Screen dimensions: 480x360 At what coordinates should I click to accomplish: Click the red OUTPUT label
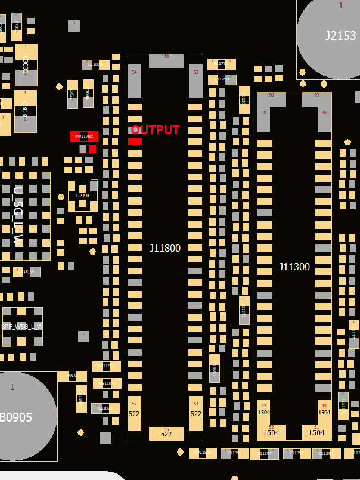point(156,129)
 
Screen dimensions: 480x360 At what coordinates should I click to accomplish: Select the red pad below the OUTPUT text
point(135,141)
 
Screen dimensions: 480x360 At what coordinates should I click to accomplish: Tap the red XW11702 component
point(84,137)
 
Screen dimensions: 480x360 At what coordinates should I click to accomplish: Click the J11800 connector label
point(165,248)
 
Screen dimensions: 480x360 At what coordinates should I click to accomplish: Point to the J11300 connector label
point(294,267)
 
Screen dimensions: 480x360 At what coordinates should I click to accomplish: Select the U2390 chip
point(83,196)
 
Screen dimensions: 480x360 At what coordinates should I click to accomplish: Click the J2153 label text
point(340,36)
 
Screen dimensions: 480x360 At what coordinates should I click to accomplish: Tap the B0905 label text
point(16,417)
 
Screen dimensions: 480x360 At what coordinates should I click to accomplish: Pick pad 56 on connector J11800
point(166,60)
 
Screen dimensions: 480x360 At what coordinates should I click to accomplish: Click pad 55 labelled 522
point(166,433)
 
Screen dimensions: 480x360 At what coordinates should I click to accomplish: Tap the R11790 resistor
point(221,64)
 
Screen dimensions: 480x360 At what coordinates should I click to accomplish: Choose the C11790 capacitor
point(222,79)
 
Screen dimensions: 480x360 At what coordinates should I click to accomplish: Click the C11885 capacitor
point(95,64)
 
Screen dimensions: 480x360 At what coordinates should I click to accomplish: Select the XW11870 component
point(107,383)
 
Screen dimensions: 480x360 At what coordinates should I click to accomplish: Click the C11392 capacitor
point(297,454)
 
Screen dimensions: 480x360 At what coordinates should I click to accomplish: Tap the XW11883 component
point(203,453)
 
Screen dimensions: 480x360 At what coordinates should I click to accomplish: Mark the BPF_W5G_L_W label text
point(22,327)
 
